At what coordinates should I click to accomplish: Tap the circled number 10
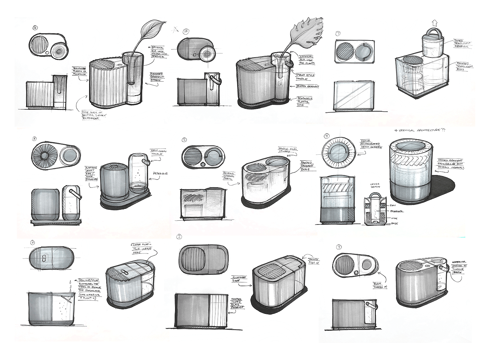point(185,31)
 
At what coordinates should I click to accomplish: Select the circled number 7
point(338,34)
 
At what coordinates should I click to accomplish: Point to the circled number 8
point(34,139)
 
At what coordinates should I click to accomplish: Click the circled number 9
point(327,136)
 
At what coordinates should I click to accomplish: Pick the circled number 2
point(180,236)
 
